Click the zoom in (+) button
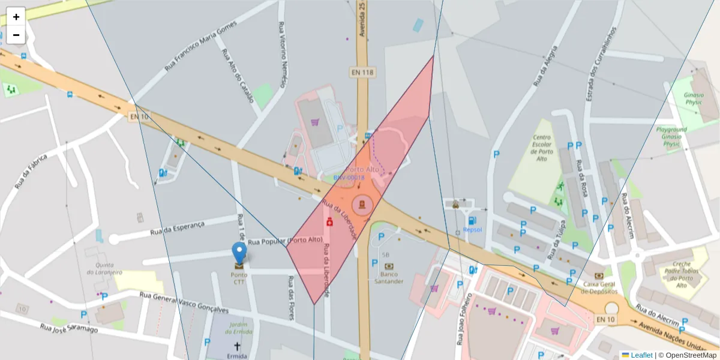click(x=16, y=17)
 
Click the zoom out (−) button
click(x=16, y=35)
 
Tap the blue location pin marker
click(x=239, y=253)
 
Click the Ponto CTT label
click(x=239, y=278)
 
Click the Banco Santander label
click(x=389, y=278)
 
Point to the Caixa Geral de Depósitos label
click(x=600, y=287)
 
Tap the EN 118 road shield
click(x=362, y=72)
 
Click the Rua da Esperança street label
click(x=178, y=228)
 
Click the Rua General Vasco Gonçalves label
click(x=184, y=302)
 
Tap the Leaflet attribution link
click(x=641, y=355)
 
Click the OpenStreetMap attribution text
click(x=687, y=355)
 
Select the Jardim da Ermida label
click(x=239, y=328)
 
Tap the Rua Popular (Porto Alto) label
click(x=285, y=241)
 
